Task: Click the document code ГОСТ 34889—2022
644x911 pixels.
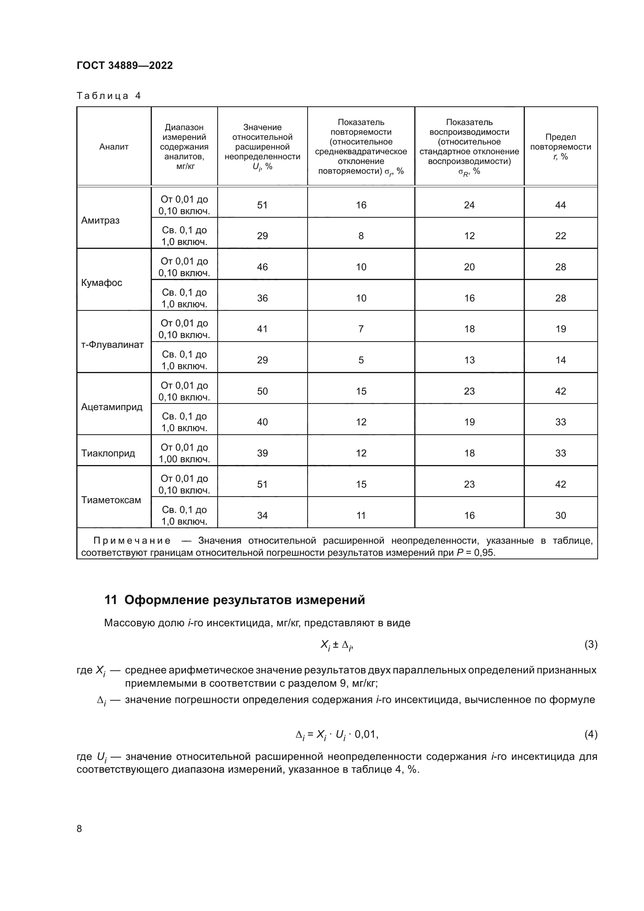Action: (x=125, y=65)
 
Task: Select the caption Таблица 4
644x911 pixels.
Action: (x=109, y=96)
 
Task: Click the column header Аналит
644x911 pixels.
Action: (x=114, y=147)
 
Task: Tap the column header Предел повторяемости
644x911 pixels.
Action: (x=560, y=147)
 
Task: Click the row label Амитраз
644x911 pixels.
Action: (x=100, y=220)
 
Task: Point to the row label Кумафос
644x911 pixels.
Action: (x=102, y=283)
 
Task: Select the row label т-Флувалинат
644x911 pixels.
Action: (x=112, y=345)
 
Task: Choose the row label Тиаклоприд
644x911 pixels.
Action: (x=108, y=453)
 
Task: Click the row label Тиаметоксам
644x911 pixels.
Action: (x=111, y=500)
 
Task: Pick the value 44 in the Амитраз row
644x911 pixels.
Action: (x=560, y=205)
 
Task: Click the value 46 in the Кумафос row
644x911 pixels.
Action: (x=262, y=267)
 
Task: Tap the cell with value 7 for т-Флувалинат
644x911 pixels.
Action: (x=361, y=329)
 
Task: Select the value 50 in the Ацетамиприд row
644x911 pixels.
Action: (x=262, y=391)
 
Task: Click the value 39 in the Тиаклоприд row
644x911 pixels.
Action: (x=262, y=453)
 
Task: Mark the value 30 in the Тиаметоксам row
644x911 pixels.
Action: (x=560, y=515)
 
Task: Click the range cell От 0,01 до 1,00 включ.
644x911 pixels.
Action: (x=184, y=453)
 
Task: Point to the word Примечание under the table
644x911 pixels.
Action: (x=132, y=541)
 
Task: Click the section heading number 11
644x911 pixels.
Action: (x=110, y=600)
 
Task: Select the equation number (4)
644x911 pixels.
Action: (x=591, y=734)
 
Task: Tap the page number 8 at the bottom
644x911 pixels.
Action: (x=79, y=829)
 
